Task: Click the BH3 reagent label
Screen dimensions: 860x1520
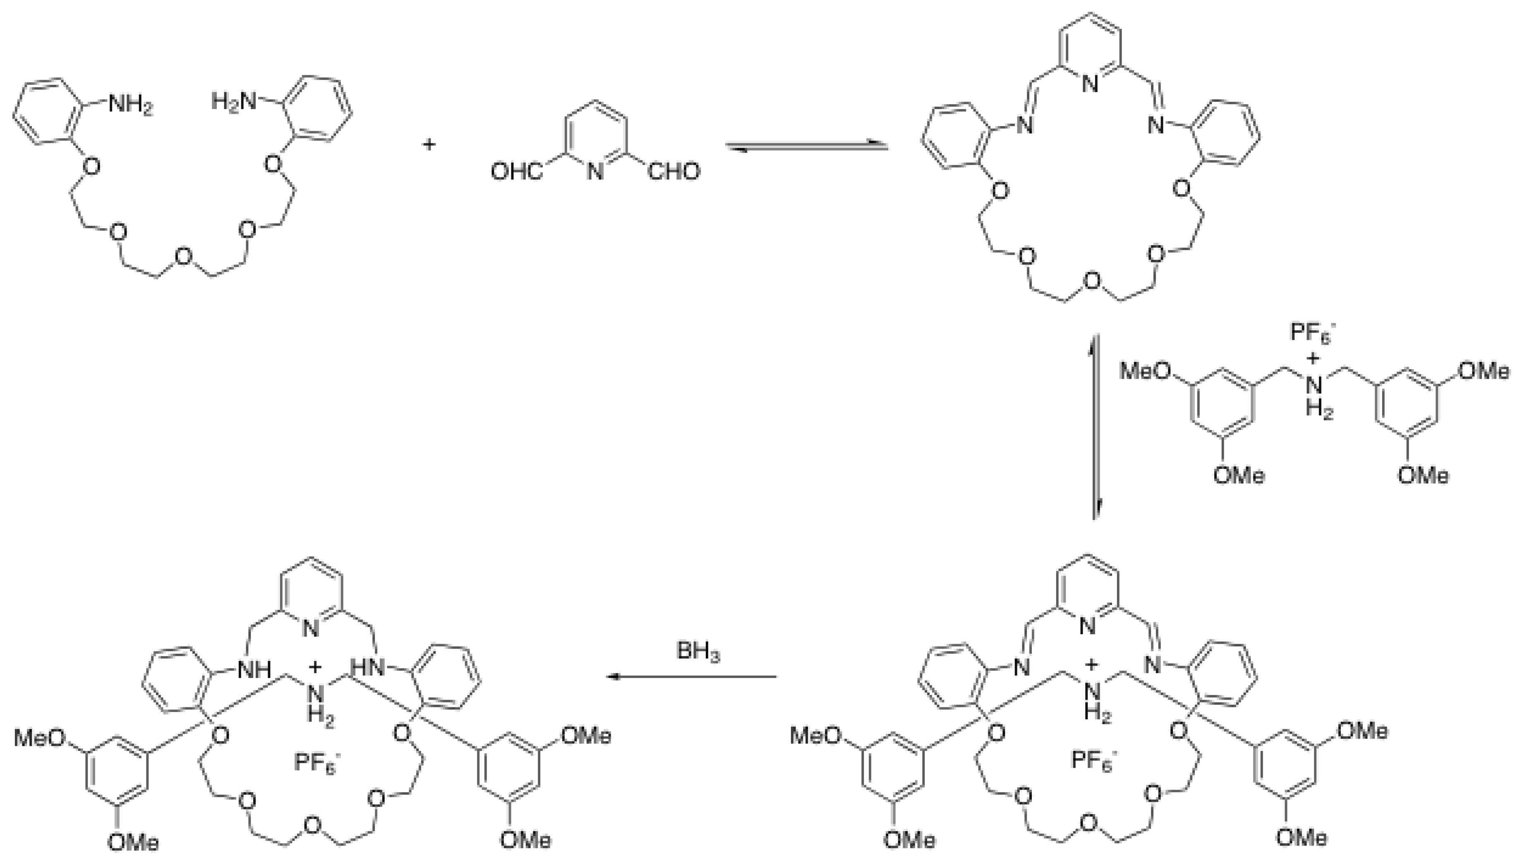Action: [698, 652]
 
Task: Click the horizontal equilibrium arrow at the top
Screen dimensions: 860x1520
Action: [807, 146]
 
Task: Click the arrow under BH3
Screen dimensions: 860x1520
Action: [691, 677]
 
